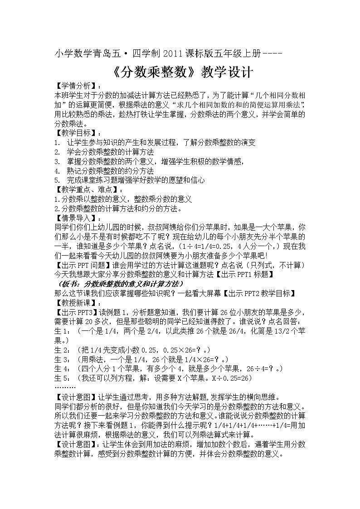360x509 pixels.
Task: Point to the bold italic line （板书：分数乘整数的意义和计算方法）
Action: coord(119,284)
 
